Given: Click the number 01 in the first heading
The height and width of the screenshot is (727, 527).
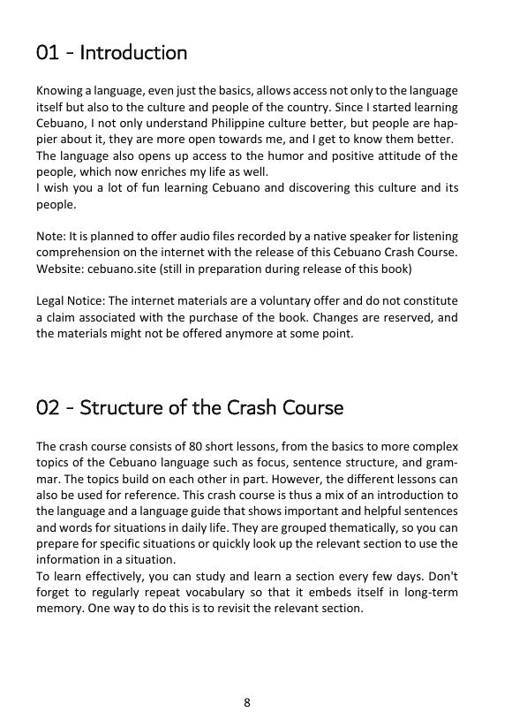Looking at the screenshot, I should click(47, 53).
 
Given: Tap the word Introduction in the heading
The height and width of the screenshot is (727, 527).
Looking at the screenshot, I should click(132, 53).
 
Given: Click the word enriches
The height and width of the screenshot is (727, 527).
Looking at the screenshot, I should click(186, 171).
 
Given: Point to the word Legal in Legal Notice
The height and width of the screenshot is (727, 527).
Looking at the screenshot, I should click(49, 300).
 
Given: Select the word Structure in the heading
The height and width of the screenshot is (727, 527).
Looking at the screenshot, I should click(117, 409).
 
